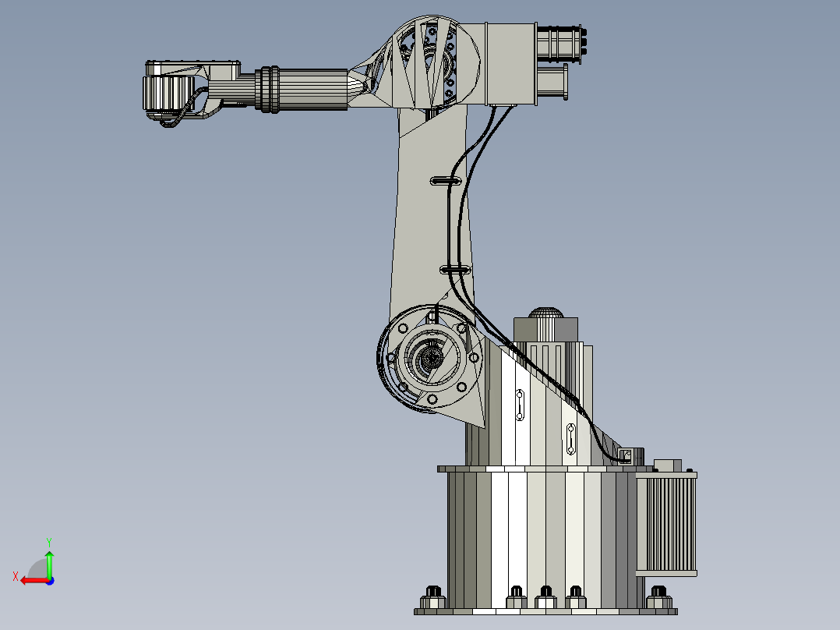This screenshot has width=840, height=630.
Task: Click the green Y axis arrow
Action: click(49, 563)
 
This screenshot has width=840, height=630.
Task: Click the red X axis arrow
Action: click(31, 580)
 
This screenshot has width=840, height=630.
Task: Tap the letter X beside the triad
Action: click(15, 576)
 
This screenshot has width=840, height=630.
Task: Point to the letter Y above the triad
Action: click(48, 541)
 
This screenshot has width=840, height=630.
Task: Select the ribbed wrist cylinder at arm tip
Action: click(164, 94)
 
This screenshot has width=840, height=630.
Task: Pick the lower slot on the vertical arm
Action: click(455, 270)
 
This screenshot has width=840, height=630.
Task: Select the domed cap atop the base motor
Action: click(547, 313)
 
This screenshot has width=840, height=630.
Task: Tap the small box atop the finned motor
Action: click(668, 465)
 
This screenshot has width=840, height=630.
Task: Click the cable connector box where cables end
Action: click(626, 455)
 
